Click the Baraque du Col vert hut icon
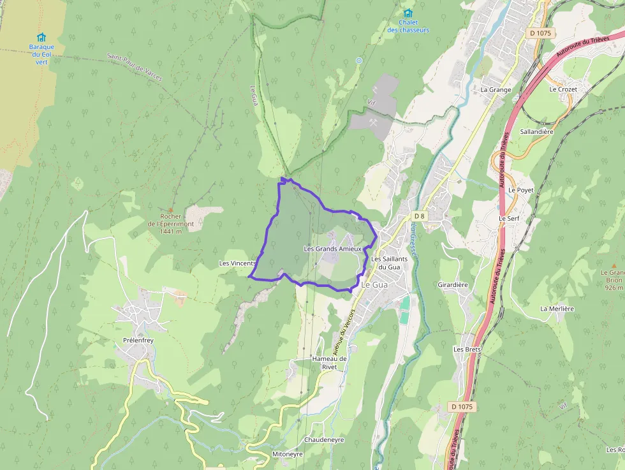(41, 37)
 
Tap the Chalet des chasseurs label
(408, 26)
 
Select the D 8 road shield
(418, 216)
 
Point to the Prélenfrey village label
(138, 341)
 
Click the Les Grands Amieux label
(333, 249)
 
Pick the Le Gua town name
(374, 285)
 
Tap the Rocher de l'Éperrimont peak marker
(170, 209)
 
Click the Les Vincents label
(237, 263)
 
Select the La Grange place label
(496, 90)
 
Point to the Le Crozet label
(562, 89)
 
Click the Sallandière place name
(536, 131)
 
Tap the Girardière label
(453, 284)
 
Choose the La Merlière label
(557, 309)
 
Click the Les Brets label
(467, 349)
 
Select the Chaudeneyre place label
(324, 440)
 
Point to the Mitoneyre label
(288, 454)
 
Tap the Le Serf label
(509, 218)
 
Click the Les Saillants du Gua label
(385, 263)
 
